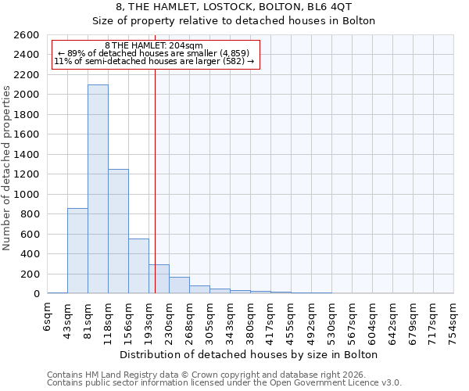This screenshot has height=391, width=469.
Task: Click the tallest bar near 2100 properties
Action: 98,188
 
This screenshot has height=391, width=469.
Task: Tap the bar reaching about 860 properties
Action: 77,250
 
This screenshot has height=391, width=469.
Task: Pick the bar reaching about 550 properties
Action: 138,266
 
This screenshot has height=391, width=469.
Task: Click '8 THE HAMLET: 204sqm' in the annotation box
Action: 154,46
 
